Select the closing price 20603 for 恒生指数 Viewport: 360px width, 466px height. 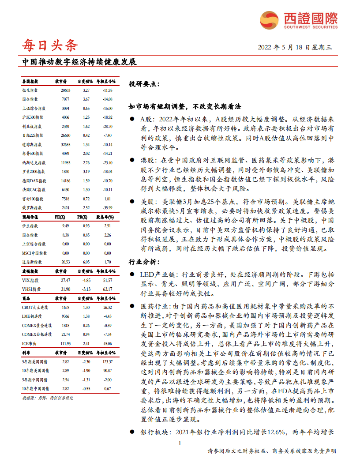pyautogui.click(x=66, y=90)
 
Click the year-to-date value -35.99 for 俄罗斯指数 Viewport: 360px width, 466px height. pyautogui.click(x=107, y=207)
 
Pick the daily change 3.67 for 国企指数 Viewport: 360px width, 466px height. pyautogui.click(x=86, y=99)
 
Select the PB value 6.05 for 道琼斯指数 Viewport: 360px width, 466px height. pyautogui.click(x=86, y=262)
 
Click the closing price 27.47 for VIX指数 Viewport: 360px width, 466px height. pyautogui.click(x=66, y=280)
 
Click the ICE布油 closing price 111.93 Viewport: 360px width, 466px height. pyautogui.click(x=65, y=343)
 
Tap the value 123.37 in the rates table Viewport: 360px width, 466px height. pyautogui.click(x=107, y=361)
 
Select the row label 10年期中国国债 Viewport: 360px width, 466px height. pyautogui.click(x=35, y=388)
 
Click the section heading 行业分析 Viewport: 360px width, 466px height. pyautogui.click(x=142, y=262)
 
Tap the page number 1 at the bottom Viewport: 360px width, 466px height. pyautogui.click(x=180, y=443)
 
